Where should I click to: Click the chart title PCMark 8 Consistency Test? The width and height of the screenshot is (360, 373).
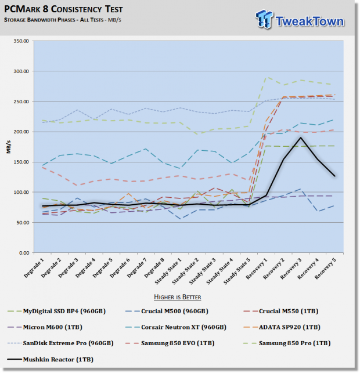click(63, 9)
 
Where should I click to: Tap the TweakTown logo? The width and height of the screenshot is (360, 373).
click(300, 20)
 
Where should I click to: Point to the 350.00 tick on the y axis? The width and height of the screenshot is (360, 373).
click(21, 41)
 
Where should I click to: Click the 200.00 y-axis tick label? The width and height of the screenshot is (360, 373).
click(21, 132)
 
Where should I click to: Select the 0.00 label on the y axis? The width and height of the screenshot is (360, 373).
click(24, 253)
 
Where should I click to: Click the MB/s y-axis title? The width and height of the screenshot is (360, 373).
click(9, 147)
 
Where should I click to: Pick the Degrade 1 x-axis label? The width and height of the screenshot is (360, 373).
click(34, 268)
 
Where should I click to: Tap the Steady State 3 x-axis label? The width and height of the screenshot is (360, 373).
click(203, 271)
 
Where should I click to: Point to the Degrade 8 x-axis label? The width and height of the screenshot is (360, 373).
click(154, 268)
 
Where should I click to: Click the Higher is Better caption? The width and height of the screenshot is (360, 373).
click(178, 297)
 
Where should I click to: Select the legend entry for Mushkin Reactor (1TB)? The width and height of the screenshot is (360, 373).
click(51, 360)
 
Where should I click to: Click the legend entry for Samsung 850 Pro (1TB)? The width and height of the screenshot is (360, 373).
click(287, 343)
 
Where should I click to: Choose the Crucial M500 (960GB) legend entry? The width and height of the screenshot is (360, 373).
click(167, 311)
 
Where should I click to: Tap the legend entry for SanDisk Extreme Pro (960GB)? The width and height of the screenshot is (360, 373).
click(60, 343)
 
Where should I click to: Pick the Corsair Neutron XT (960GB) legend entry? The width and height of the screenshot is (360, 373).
click(176, 327)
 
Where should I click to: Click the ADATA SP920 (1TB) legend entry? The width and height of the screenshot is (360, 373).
click(282, 327)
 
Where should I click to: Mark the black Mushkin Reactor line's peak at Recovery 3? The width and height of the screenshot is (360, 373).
click(301, 137)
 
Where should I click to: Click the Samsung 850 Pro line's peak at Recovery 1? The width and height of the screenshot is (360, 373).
click(267, 77)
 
